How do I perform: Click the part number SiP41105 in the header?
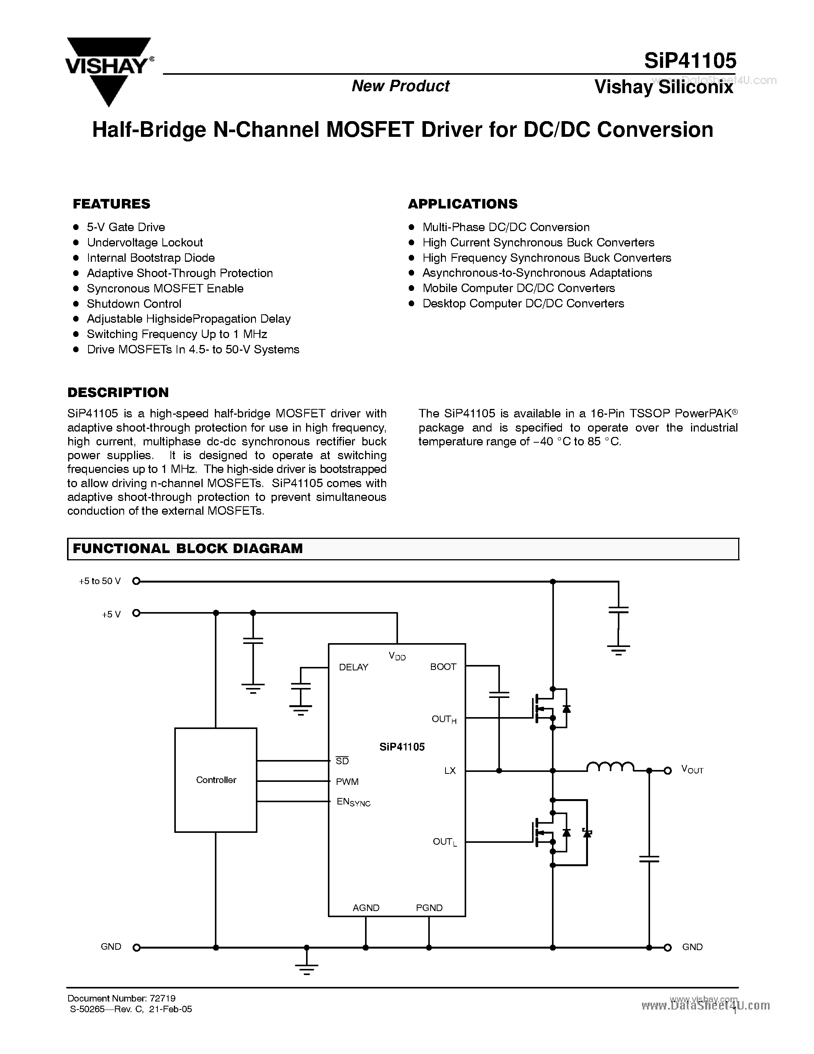[x=690, y=61]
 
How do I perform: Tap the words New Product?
[x=400, y=86]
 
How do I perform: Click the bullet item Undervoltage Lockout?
[x=145, y=242]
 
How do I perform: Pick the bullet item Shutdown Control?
[x=134, y=304]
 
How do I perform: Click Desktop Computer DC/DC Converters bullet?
[x=523, y=304]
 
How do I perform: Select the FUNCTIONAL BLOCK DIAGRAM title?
[x=188, y=549]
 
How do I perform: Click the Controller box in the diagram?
[x=216, y=780]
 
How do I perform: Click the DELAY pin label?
[x=354, y=667]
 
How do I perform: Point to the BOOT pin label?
[x=443, y=667]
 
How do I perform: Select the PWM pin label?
[x=347, y=781]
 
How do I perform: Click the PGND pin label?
[x=429, y=908]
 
